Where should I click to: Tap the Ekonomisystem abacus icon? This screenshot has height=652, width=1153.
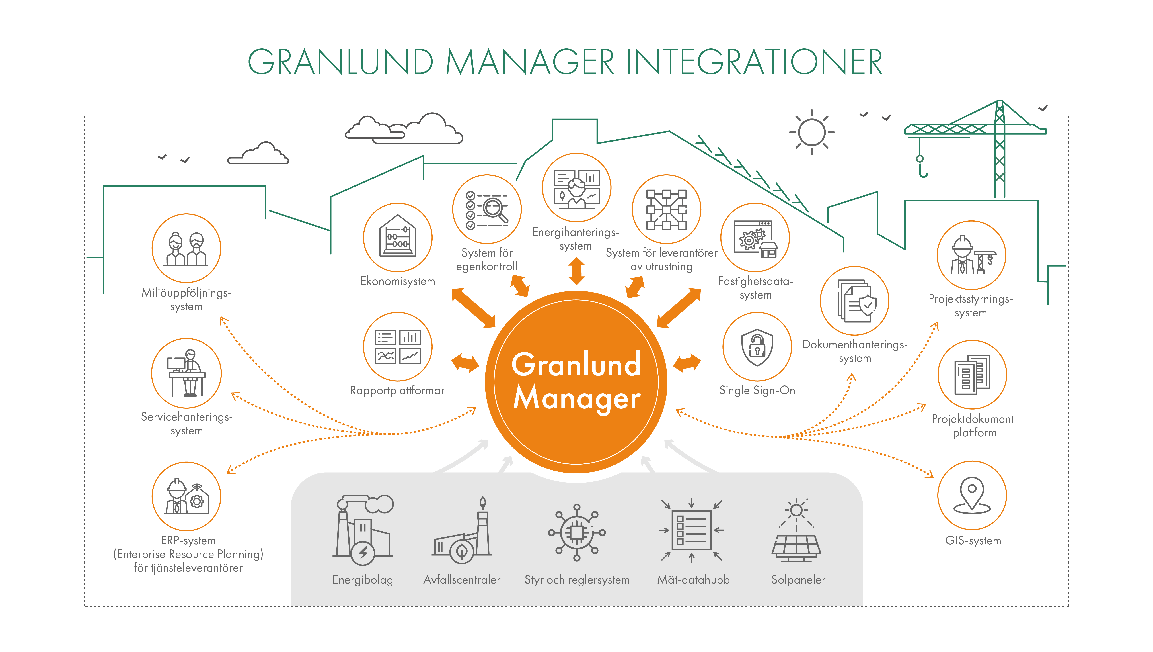397,237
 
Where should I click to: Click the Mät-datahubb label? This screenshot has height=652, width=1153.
693,580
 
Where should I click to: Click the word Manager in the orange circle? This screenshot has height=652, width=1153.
576,398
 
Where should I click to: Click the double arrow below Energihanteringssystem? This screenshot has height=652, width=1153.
576,271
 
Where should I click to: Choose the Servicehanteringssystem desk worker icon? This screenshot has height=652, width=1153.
186,373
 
